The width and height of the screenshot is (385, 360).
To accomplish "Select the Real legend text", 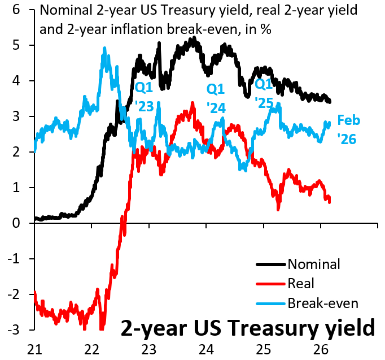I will click(300, 283).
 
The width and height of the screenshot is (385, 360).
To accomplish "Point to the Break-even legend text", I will click(323, 303).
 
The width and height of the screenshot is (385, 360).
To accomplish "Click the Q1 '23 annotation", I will click(145, 97).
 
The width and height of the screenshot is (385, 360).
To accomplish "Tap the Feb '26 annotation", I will click(348, 129).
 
